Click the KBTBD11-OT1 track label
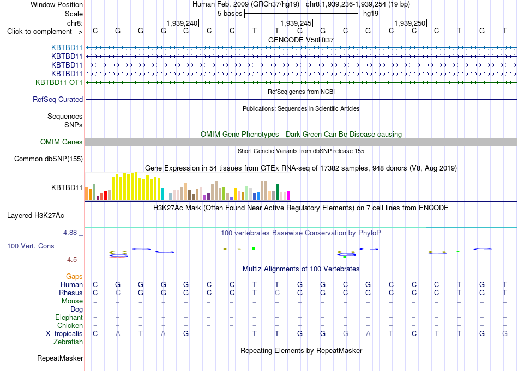coord(59,82)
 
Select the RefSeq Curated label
coord(58,99)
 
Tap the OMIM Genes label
coord(62,142)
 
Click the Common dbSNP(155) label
coord(49,159)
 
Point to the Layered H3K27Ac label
coord(35,216)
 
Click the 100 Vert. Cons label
coord(31,246)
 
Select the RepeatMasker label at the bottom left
coord(60,358)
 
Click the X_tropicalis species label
coord(64,334)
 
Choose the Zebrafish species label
coord(68,342)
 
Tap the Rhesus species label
coord(71,293)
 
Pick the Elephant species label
coord(69,318)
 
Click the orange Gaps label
coord(74,277)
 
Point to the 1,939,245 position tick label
coord(296,23)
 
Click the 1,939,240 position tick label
coord(182,23)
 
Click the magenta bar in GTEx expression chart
coord(289,196)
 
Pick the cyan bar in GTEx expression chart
coord(162,194)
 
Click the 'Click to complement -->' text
coord(45,32)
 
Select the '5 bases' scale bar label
coord(230,14)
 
